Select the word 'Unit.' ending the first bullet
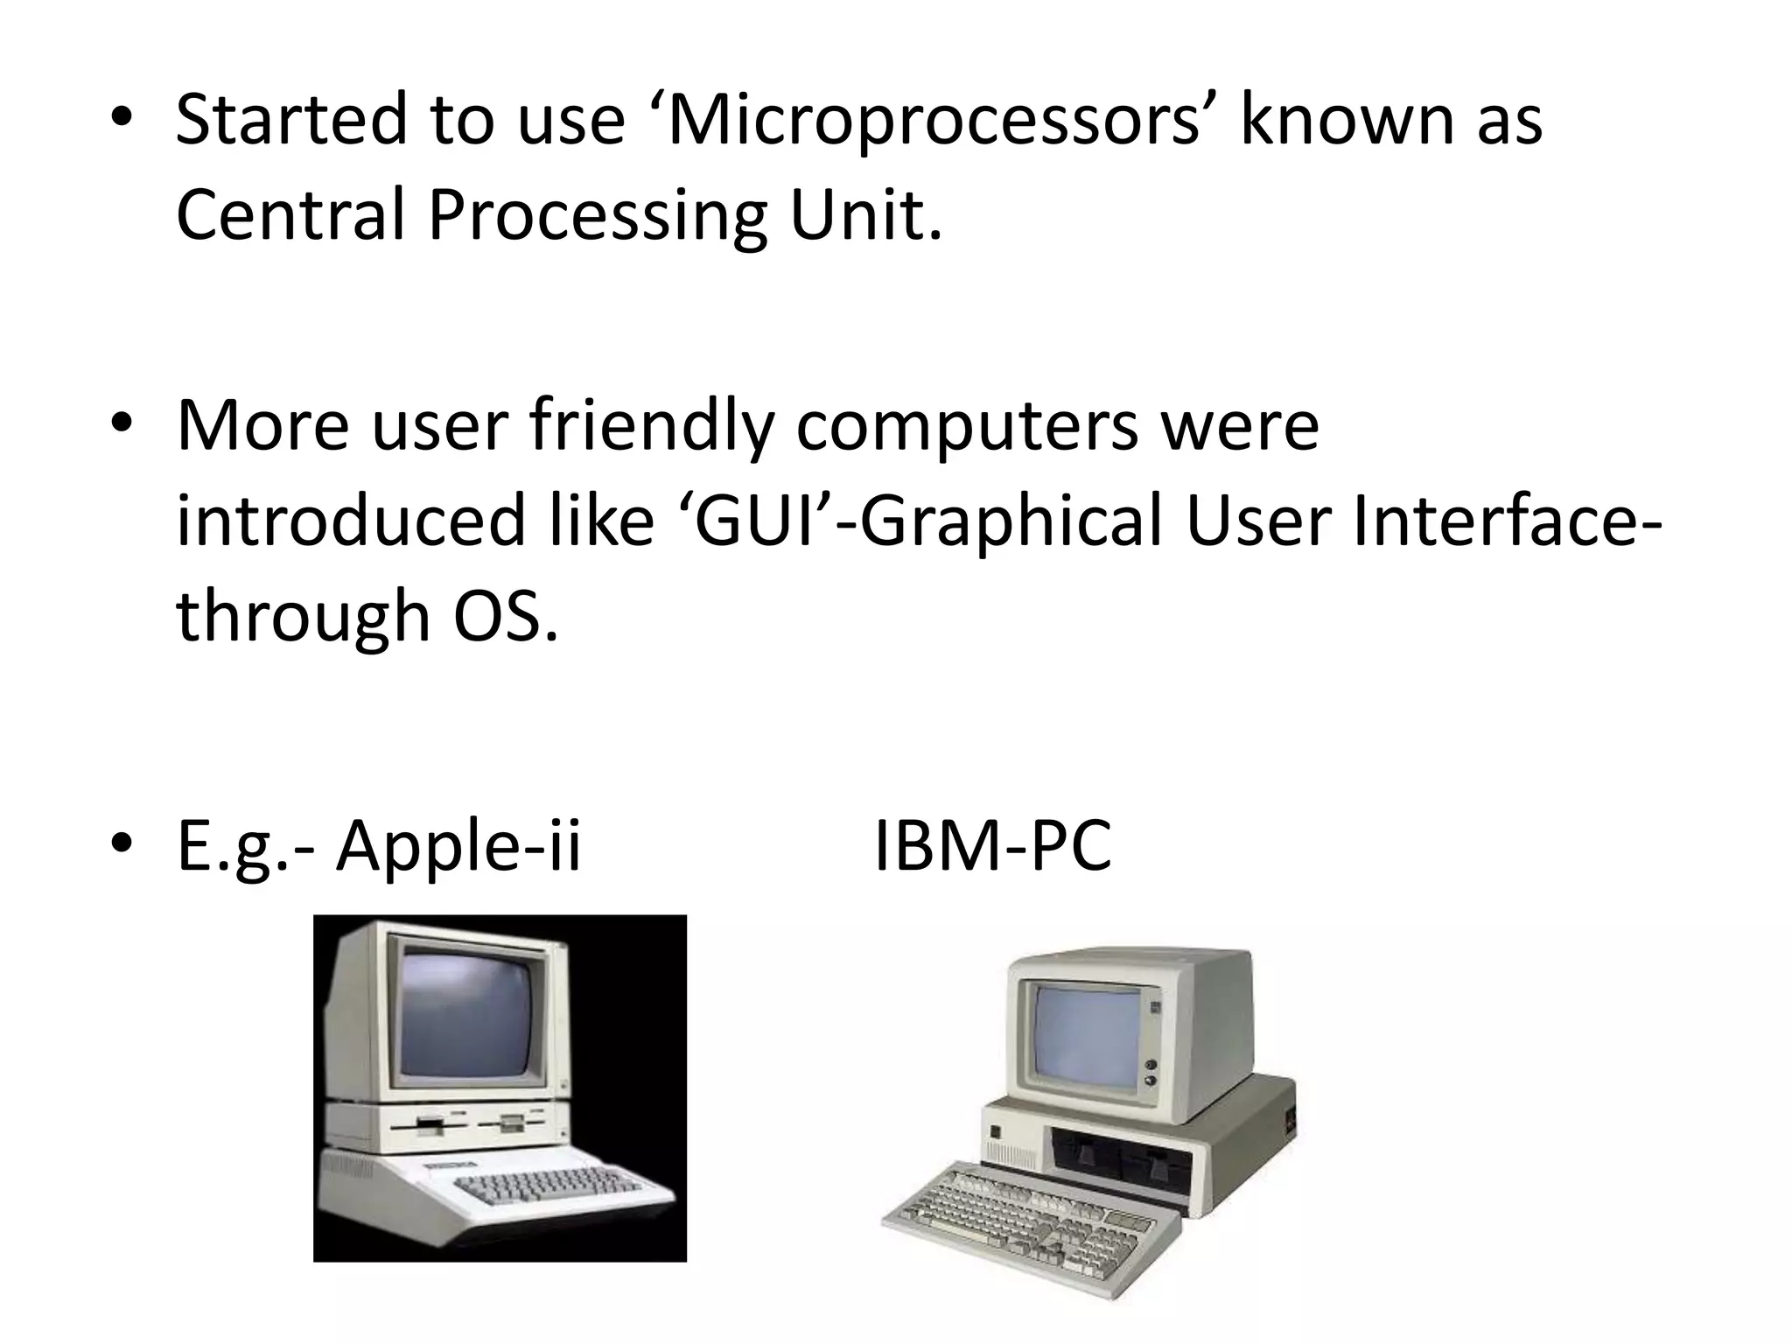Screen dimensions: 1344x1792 coord(865,214)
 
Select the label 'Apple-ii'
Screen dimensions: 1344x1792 coord(458,846)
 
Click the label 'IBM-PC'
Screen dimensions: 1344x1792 coord(992,846)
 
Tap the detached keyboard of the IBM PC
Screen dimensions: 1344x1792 coord(1024,1220)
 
